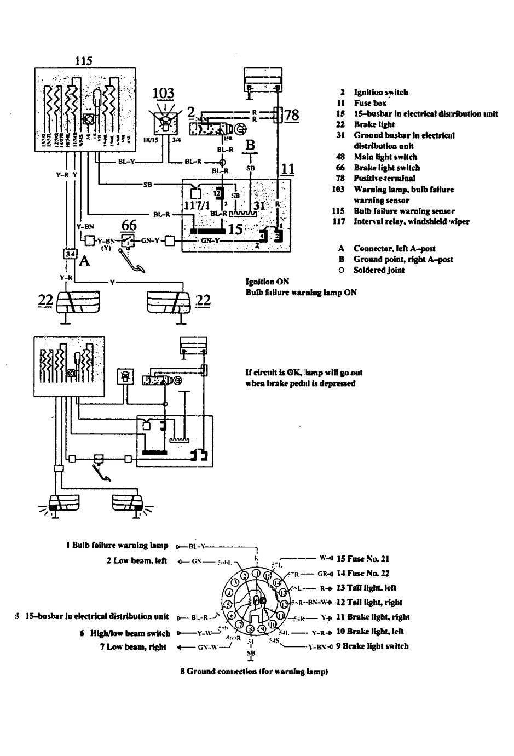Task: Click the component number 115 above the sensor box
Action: [x=83, y=61]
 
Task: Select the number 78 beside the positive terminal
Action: [x=292, y=114]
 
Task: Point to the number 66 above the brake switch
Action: [x=129, y=225]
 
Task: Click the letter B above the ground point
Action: [x=250, y=146]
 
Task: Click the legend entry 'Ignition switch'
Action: [x=380, y=93]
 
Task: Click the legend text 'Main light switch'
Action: [x=385, y=157]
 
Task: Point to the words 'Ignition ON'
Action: [x=268, y=282]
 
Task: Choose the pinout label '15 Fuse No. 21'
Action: [x=370, y=559]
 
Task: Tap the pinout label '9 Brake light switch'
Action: [x=378, y=646]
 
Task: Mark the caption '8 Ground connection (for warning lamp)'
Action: [x=254, y=672]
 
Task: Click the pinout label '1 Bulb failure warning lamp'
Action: [x=117, y=546]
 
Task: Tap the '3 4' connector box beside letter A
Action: [x=70, y=254]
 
